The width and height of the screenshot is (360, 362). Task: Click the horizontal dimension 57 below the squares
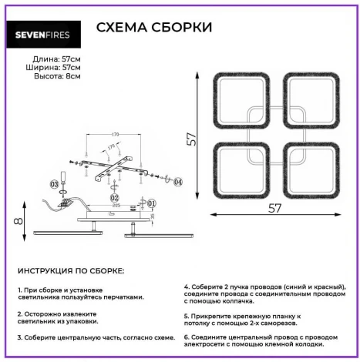tap(274, 207)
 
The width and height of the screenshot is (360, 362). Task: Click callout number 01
tap(152, 203)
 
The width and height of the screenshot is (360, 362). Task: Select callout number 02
tap(114, 197)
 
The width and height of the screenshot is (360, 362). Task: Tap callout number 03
tap(54, 185)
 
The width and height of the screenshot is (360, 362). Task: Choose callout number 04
tap(178, 182)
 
